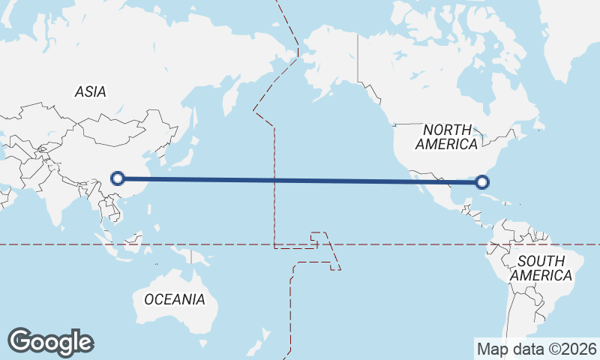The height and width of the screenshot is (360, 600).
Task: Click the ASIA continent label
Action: pos(90,92)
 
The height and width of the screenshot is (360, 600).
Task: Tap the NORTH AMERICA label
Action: pos(446,136)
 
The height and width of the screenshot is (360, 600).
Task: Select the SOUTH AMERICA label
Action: pos(541,268)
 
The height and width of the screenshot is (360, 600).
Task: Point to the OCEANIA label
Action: pos(174,299)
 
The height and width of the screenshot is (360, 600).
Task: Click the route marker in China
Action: pos(117,178)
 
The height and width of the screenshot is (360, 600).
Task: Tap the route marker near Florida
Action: pos(482,181)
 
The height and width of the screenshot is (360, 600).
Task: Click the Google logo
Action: pos(50,342)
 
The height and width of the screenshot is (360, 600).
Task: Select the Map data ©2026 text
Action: pos(537,349)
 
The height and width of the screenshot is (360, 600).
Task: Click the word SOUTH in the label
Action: pos(541,260)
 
